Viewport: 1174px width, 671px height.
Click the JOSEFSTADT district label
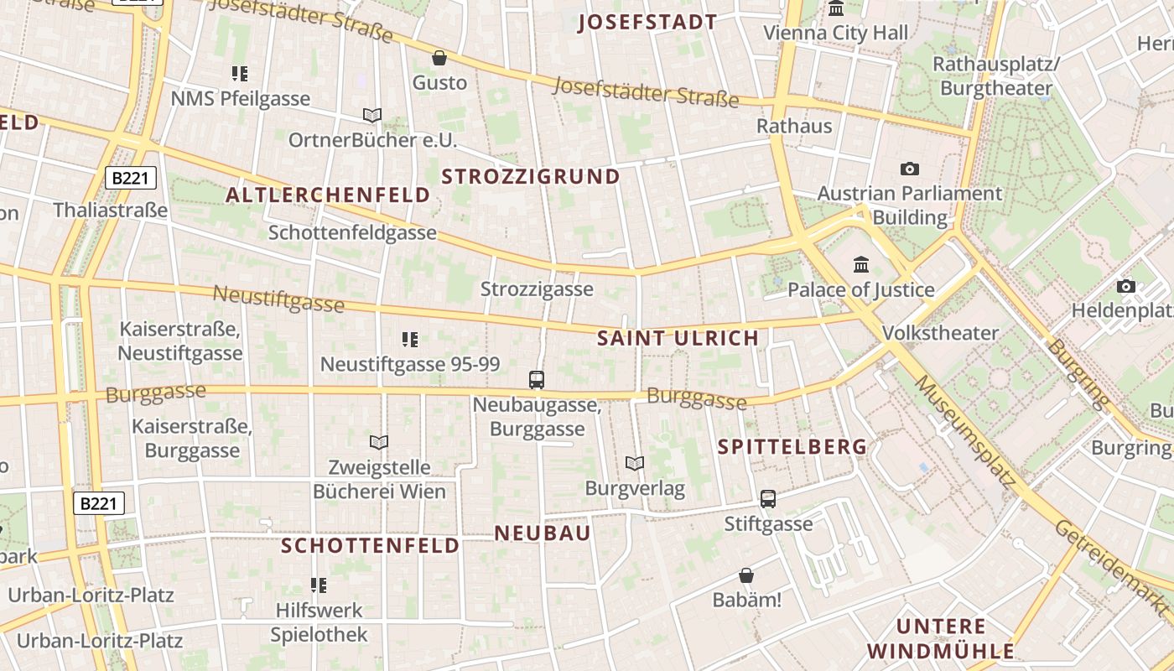647,23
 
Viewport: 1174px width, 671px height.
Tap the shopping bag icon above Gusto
439,58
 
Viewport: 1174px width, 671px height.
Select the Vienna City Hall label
835,34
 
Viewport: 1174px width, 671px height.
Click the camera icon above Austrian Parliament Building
909,169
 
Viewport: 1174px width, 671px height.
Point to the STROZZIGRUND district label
530,176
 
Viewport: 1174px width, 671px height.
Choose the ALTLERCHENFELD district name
328,195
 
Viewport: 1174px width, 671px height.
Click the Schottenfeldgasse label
352,232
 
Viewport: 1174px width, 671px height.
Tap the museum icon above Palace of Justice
860,265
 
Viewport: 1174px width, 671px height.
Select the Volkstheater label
940,333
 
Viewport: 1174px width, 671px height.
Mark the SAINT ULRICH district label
678,339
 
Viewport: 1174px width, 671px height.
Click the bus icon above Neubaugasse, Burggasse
537,380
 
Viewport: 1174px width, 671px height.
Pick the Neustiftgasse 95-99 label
410,364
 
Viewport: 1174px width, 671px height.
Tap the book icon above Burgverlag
635,463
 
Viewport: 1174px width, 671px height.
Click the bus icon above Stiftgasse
768,499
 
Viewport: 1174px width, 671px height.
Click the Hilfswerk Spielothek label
319,622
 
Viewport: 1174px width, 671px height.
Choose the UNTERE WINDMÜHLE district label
940,638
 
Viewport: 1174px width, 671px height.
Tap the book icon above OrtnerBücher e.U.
372,115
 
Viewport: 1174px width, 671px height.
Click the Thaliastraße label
111,210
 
